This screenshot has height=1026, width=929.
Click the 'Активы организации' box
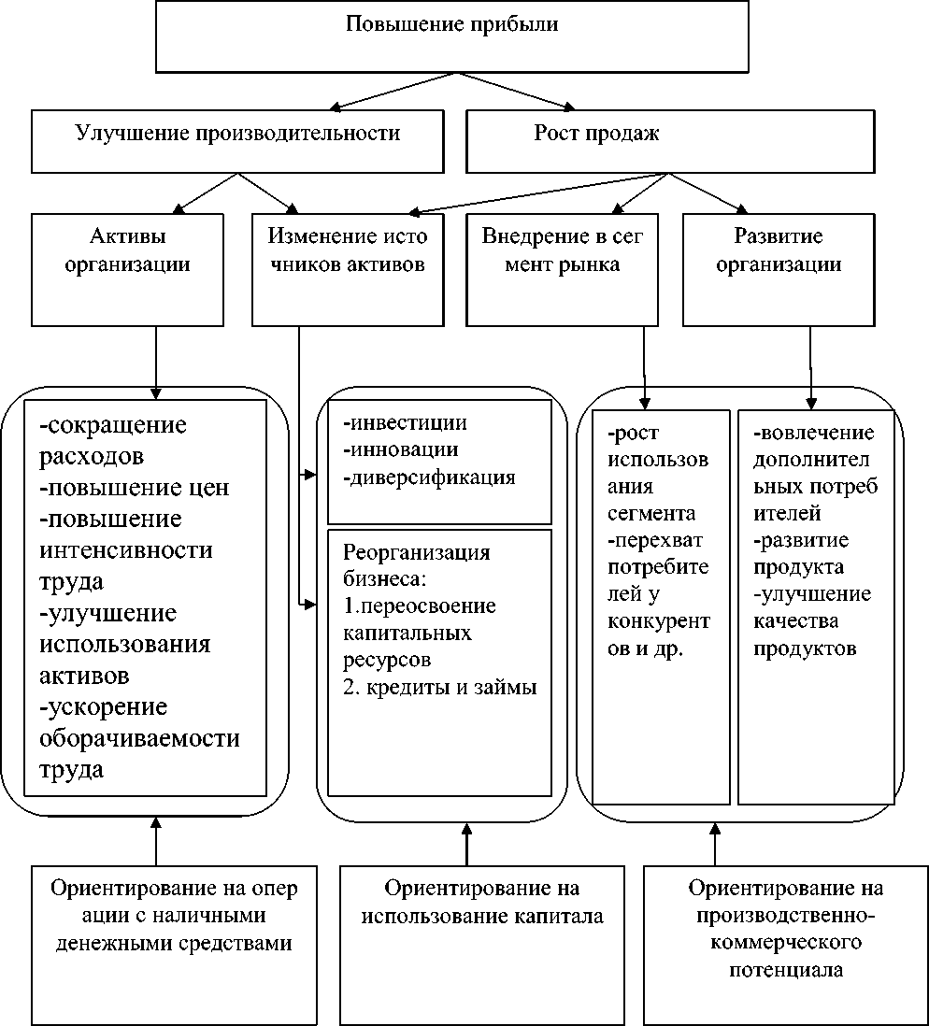[128, 269]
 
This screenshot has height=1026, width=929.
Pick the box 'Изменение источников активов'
[347, 269]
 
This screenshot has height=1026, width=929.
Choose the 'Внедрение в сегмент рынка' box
[563, 269]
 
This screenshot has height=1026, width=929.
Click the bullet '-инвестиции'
[405, 423]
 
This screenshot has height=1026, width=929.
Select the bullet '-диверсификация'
[430, 477]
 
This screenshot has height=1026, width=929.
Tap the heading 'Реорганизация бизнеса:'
[416, 565]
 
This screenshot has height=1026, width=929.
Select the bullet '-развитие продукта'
[800, 554]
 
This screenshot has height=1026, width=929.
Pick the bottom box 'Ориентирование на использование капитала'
[480, 902]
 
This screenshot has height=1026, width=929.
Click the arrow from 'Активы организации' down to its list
[155, 360]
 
